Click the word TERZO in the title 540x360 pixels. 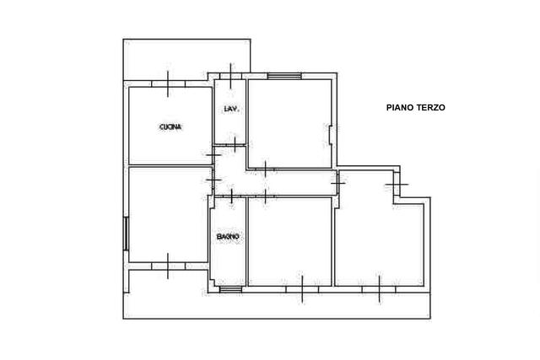[x=431, y=108]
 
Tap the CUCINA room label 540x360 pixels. [x=170, y=127]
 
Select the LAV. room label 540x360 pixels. [x=231, y=109]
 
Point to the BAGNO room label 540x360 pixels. [x=228, y=237]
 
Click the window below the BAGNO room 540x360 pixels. [x=230, y=289]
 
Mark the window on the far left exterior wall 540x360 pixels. [x=126, y=234]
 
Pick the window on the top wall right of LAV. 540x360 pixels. [x=284, y=76]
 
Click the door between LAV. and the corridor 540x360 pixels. [x=235, y=144]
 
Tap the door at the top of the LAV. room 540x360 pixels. [x=230, y=76]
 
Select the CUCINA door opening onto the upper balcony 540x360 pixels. [x=168, y=83]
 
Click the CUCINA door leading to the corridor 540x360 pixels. [x=213, y=155]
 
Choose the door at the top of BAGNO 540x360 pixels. [x=231, y=196]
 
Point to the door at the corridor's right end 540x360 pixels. [x=338, y=183]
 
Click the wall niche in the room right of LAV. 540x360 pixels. [x=330, y=133]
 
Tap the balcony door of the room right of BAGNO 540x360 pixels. [x=302, y=289]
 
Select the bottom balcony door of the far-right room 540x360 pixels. [x=379, y=289]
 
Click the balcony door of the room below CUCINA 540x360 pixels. [x=168, y=266]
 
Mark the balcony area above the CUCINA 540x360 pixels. [x=186, y=59]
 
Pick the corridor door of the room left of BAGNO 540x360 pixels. [x=213, y=180]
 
